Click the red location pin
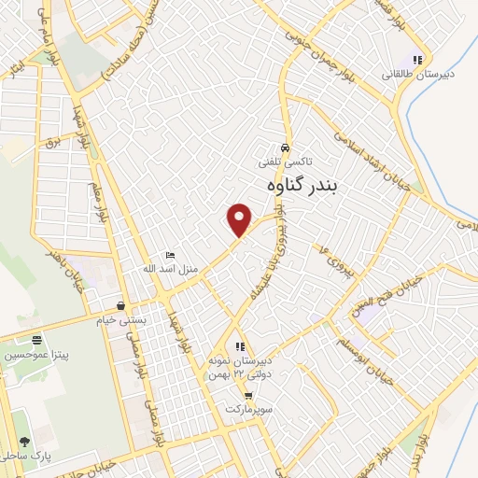pos(241,219)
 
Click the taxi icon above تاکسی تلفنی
pos(285,148)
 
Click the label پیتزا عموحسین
pos(37,354)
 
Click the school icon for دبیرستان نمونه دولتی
pos(240,346)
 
